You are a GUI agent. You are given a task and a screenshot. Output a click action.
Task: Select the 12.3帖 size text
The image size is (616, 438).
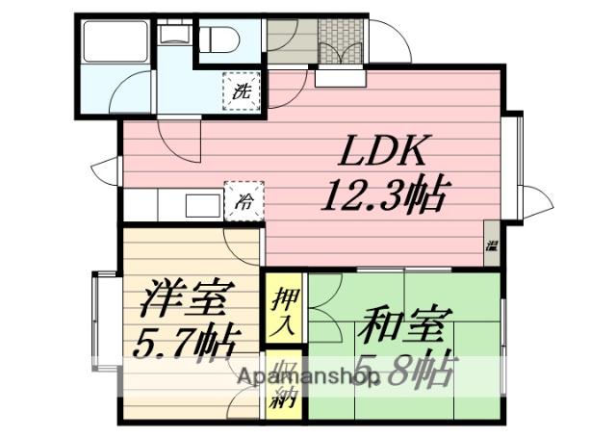coord(383,195)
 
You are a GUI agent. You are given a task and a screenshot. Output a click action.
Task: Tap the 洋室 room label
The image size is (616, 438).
coord(183,298)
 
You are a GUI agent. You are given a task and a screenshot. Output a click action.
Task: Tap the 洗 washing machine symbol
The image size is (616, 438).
coord(243,92)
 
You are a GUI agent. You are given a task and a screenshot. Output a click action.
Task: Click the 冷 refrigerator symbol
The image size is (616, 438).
coord(244,202)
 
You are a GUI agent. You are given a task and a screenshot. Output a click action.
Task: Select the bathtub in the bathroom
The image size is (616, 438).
coord(114,43)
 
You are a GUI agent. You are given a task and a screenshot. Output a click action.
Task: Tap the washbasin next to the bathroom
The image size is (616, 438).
coord(174,35)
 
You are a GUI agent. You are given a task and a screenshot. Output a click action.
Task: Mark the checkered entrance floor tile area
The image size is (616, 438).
coord(341,41)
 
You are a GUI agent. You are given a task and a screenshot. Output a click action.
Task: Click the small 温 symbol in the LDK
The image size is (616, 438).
coord(492,245)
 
